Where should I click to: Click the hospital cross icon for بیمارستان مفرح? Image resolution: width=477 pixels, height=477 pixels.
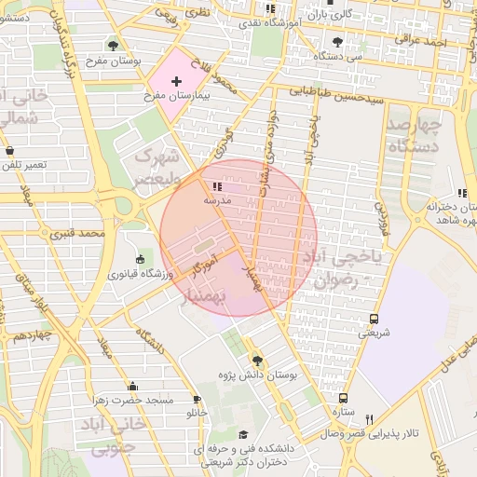click(x=176, y=83)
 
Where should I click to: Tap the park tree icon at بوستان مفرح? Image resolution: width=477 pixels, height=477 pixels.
click(x=113, y=45)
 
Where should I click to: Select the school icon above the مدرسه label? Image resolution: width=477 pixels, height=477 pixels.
click(x=204, y=186)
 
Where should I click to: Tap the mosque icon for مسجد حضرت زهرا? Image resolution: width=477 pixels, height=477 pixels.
click(x=132, y=386)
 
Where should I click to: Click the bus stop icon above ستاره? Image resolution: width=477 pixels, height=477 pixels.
click(x=344, y=397)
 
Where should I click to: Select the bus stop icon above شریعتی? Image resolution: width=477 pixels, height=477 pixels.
click(x=375, y=318)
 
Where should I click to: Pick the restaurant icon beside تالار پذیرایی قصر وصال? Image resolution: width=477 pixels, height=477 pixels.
click(x=370, y=419)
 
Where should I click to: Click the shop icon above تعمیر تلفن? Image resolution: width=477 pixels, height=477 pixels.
click(x=9, y=150)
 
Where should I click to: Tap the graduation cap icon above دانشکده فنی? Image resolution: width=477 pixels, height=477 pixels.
click(x=244, y=435)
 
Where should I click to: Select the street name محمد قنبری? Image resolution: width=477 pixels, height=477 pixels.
click(x=102, y=231)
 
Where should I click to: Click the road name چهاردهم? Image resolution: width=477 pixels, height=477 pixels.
click(x=25, y=334)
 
